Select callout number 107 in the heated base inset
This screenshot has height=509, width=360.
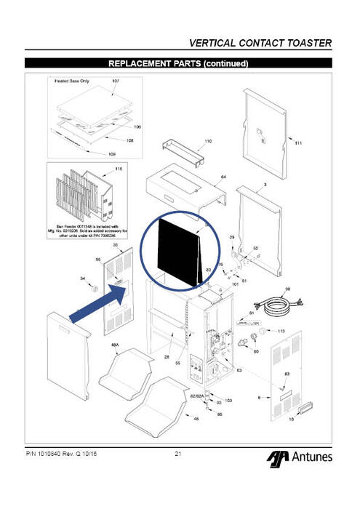coord(115,81)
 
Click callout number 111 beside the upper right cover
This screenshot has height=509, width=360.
coord(298,143)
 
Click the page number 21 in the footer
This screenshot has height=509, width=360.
coord(179,454)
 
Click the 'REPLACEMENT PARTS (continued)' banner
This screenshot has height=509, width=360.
coord(179,63)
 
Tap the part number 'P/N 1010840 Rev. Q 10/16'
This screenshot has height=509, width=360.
coord(62,454)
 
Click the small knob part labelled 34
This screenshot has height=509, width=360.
coord(94,289)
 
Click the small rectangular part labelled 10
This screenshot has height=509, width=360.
coord(297,414)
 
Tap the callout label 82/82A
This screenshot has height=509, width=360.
coord(196,396)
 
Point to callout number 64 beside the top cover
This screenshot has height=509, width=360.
coord(223,177)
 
